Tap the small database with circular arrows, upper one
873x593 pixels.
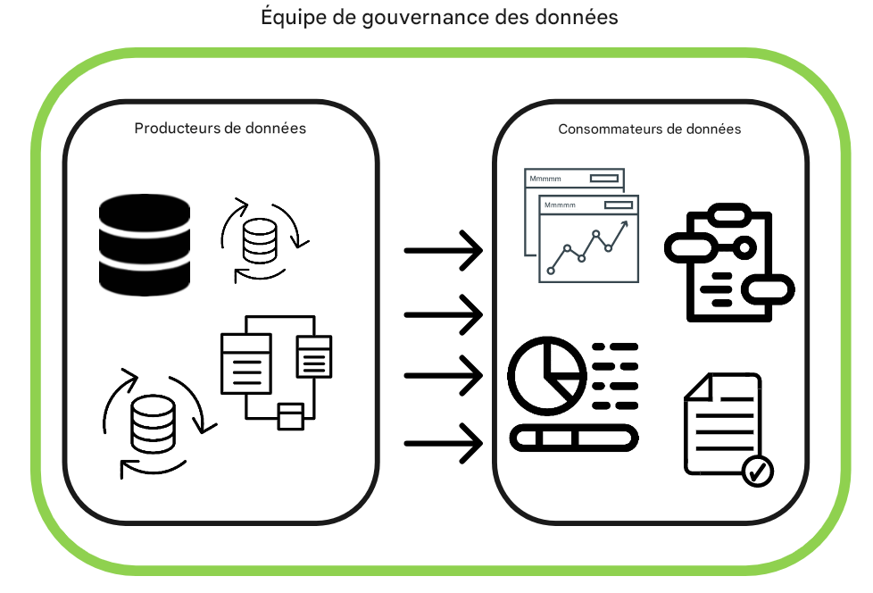coord(261,239)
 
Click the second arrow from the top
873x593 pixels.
coord(444,314)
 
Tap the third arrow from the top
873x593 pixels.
coord(444,375)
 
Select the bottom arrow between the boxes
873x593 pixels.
coord(444,443)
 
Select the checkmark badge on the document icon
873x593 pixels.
coord(758,470)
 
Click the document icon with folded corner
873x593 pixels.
coord(721,422)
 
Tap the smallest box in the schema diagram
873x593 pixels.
coord(290,416)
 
